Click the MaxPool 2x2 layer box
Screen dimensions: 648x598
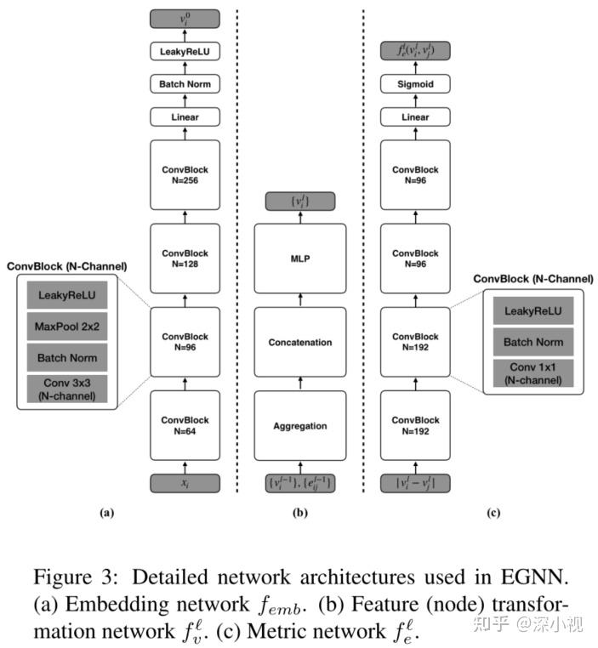click(x=67, y=327)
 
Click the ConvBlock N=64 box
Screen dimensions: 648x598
click(x=185, y=425)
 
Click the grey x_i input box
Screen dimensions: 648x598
click(x=185, y=483)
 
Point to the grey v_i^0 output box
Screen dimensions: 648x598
click(x=185, y=18)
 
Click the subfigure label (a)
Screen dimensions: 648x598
click(x=105, y=513)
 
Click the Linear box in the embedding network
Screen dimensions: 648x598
click(x=185, y=117)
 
